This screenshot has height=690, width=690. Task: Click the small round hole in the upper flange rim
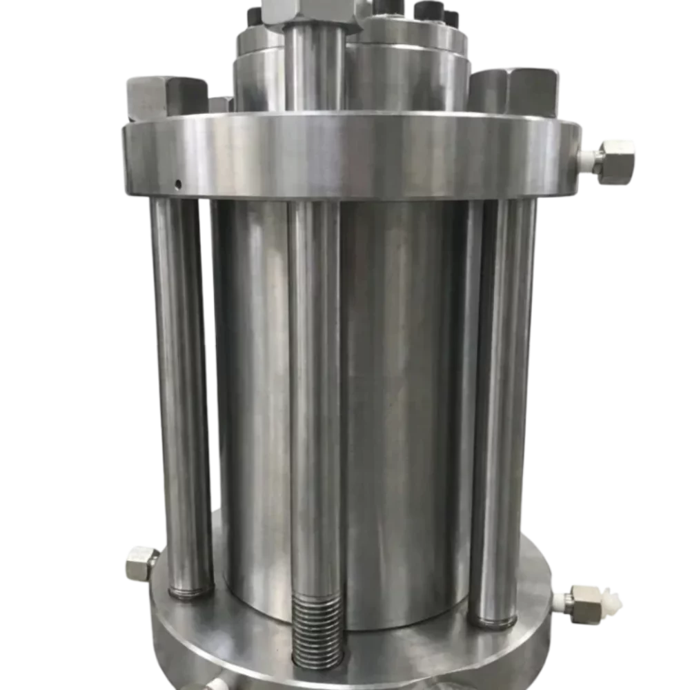(178, 184)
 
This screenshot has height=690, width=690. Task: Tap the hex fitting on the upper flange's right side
(616, 160)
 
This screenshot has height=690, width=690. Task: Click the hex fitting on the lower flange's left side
(140, 562)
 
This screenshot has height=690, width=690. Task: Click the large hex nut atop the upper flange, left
(166, 97)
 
